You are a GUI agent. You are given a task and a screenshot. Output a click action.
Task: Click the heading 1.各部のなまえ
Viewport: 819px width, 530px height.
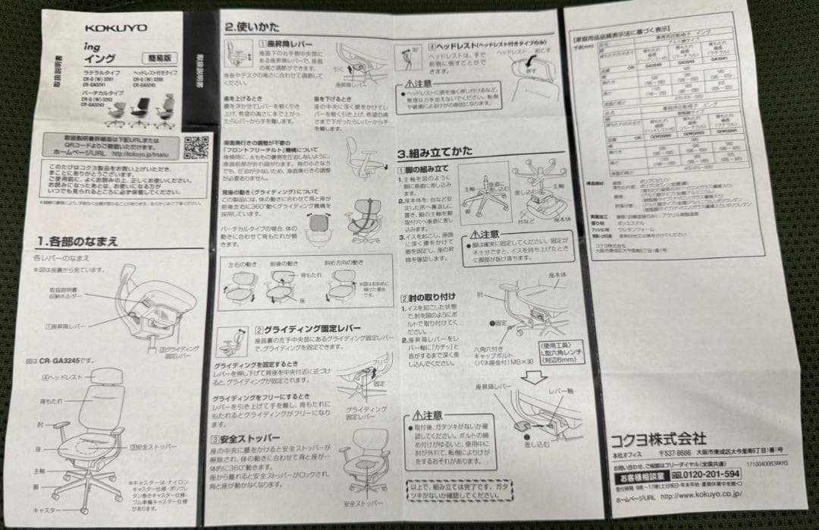tap(78, 241)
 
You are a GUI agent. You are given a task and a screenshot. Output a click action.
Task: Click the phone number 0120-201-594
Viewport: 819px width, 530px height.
tap(703, 474)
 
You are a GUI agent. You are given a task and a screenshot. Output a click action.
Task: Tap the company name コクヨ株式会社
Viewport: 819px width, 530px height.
tap(658, 440)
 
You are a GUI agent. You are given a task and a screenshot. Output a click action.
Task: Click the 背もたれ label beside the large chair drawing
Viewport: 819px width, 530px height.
tap(52, 400)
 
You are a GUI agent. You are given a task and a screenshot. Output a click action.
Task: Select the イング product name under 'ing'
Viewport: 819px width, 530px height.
tap(97, 57)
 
